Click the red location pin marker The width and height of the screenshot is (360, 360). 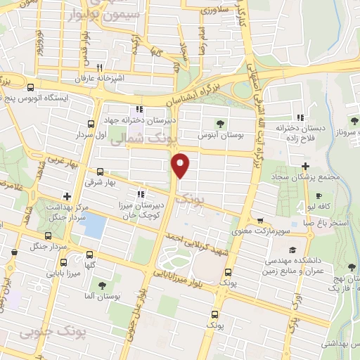[181, 165]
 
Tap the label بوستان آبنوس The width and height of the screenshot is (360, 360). [219, 134]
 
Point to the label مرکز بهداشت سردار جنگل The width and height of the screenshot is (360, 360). [66, 212]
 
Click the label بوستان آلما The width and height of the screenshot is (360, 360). [103, 296]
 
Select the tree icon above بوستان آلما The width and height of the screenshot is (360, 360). [103, 285]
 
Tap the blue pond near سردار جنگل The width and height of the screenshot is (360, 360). [93, 225]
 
